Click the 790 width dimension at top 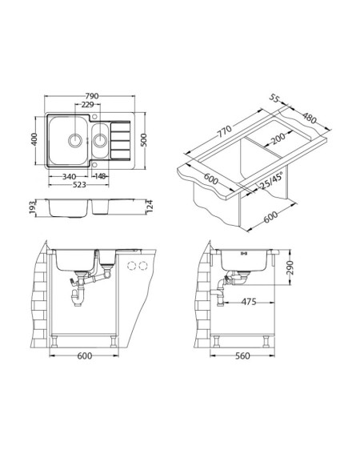point(92,96)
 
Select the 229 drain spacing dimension point(87,105)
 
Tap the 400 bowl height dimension point(34,139)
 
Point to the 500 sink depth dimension point(144,140)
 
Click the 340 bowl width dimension point(69,176)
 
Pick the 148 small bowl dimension point(100,176)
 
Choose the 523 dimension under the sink point(78,184)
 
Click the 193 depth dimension point(33,207)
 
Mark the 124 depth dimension point(149,206)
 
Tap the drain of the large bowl point(75,141)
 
